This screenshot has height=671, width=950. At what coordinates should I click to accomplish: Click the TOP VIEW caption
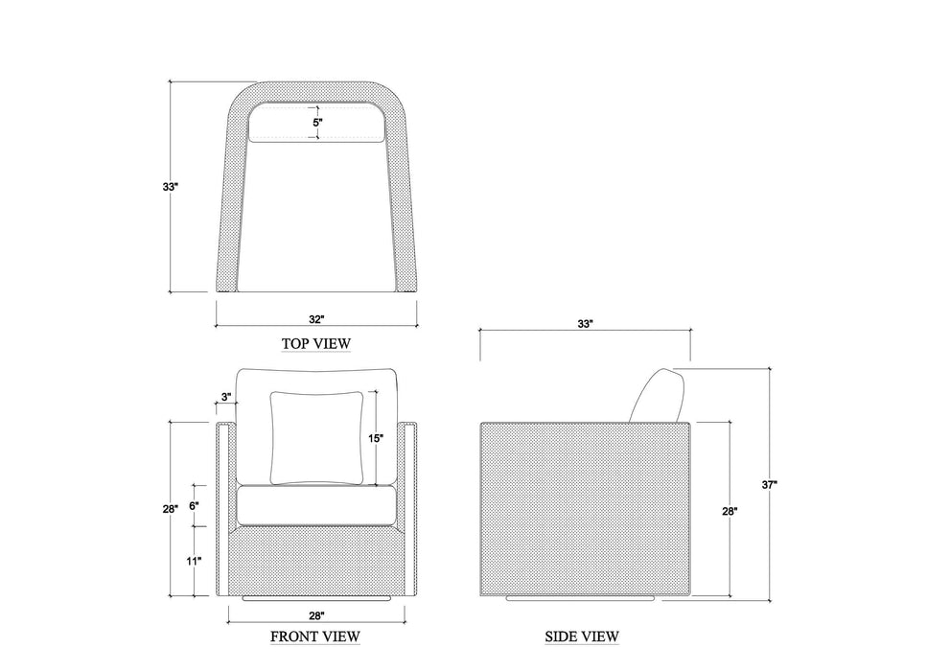pyautogui.click(x=316, y=343)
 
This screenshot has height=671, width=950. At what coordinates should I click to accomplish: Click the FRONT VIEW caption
pyautogui.click(x=315, y=636)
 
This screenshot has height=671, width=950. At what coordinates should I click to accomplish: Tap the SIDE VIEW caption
pyautogui.click(x=582, y=636)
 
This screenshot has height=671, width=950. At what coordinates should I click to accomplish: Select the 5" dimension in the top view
pyautogui.click(x=317, y=122)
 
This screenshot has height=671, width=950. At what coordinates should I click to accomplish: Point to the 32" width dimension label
pyautogui.click(x=317, y=319)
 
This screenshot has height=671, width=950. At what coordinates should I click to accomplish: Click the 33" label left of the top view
pyautogui.click(x=171, y=187)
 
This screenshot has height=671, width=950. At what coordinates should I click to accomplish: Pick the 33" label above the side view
pyautogui.click(x=585, y=324)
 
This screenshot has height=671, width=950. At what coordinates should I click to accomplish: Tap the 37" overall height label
pyautogui.click(x=770, y=484)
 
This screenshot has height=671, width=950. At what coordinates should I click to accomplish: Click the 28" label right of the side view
pyautogui.click(x=730, y=511)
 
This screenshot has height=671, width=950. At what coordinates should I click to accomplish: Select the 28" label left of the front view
pyautogui.click(x=171, y=509)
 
